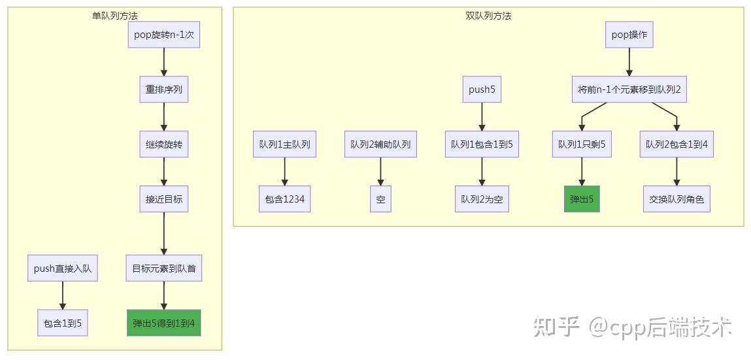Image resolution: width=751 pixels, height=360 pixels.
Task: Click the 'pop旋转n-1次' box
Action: point(164,35)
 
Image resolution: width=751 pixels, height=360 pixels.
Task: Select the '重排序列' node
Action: point(164,89)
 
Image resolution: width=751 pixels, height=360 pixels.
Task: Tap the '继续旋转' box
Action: point(164,144)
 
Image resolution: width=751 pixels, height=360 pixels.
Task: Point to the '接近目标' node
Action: point(164,199)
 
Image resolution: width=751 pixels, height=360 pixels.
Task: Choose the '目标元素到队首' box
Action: point(164,269)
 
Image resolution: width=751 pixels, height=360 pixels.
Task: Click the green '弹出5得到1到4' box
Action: point(164,323)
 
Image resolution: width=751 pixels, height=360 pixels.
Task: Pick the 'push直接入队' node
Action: point(62,269)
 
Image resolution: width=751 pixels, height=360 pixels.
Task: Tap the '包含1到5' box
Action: point(62,323)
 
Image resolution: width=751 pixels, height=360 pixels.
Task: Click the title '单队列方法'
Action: point(115,16)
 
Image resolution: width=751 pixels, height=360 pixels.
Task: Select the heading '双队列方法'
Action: point(488,16)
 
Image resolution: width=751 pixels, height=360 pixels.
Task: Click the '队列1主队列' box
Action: point(285,144)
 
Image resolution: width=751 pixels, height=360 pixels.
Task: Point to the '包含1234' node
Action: point(285,199)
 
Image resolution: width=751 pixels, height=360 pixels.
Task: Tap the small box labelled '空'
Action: point(381,199)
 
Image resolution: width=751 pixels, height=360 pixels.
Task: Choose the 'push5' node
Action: point(482,89)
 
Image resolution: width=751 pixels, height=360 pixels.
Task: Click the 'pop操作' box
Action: point(629,35)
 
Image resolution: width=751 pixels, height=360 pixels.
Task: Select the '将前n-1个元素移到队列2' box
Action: point(629,89)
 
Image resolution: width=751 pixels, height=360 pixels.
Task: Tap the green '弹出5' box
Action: point(582,199)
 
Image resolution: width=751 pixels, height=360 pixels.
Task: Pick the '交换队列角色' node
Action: point(676,199)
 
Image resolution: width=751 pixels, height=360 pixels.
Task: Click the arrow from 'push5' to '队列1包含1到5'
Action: point(482,116)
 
